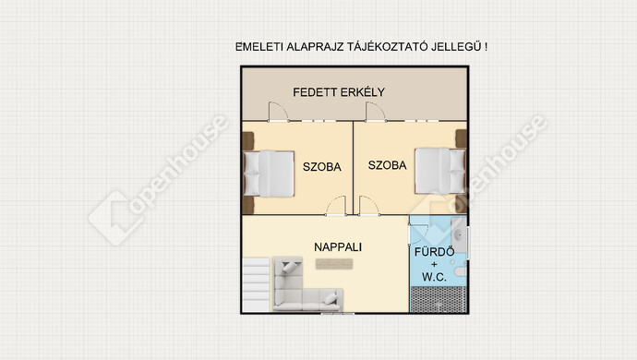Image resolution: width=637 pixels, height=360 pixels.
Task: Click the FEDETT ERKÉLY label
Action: click(339, 92)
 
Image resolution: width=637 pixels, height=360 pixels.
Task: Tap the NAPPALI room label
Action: click(338, 247)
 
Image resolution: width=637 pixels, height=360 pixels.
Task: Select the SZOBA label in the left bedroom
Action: click(322, 166)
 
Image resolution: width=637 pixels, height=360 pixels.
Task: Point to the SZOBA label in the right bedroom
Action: click(387, 165)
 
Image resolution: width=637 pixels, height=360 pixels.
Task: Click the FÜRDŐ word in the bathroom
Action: click(434, 251)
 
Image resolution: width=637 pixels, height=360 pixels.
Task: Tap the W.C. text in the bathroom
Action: click(434, 277)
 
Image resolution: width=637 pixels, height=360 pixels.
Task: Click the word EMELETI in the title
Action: click(259, 47)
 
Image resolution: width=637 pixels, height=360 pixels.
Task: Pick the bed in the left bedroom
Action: click(269, 174)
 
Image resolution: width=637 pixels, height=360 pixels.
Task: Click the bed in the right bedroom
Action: click(440, 171)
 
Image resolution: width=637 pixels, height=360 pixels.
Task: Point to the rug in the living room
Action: click(334, 264)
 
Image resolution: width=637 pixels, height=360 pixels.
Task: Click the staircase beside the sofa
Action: click(256, 285)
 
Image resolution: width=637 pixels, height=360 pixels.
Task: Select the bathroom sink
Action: click(460, 235)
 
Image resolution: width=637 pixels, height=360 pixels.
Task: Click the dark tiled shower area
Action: click(438, 299)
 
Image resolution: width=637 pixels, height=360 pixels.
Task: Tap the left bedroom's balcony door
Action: click(278, 112)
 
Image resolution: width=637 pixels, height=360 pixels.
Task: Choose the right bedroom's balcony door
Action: click(376, 112)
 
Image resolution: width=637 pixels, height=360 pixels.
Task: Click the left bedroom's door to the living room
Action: click(336, 206)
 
